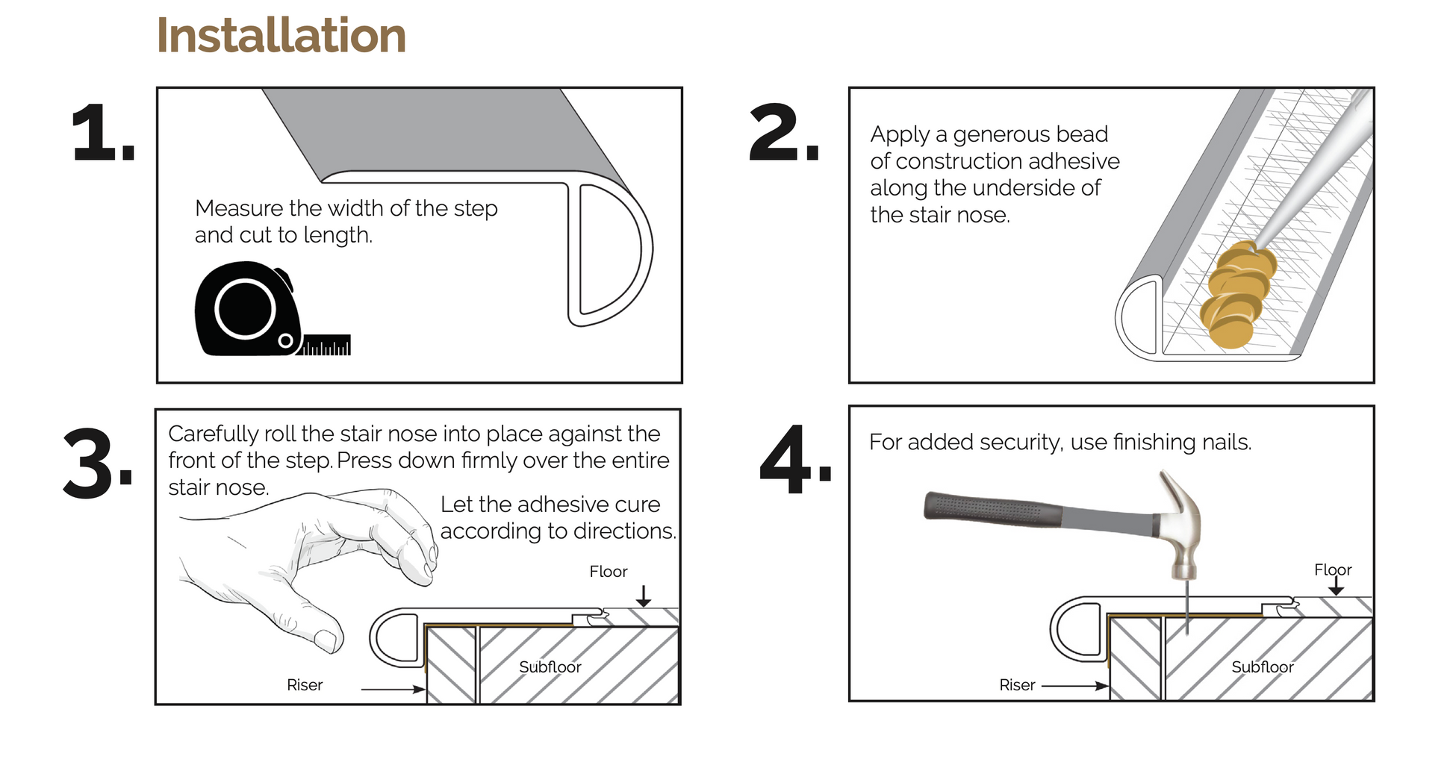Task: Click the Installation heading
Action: point(281,35)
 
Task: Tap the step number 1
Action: point(103,133)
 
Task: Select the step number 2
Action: point(784,133)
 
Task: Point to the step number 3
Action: point(98,464)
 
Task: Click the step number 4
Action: point(796,460)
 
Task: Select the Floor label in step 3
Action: point(609,572)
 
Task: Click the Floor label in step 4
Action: point(1333,570)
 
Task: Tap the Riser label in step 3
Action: point(305,685)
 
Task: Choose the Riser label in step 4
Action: point(1017,685)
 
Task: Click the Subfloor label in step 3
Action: point(550,667)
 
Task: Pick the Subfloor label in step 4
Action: point(1263,667)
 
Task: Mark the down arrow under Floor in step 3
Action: point(644,595)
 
